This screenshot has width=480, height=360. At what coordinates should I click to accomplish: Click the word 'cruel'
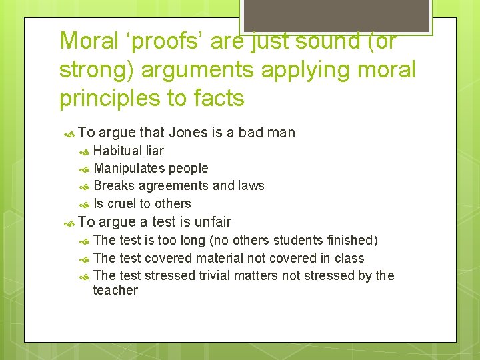click(121, 203)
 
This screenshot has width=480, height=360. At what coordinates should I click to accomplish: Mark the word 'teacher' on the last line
click(115, 290)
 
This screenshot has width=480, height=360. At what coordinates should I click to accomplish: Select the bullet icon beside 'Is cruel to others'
click(84, 204)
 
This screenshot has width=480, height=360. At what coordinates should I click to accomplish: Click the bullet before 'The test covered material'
click(84, 259)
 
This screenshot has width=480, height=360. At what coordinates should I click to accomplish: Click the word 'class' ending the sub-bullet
click(349, 258)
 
